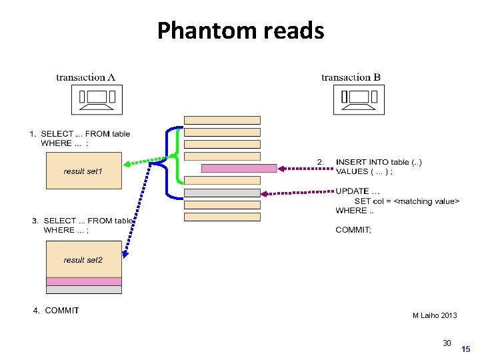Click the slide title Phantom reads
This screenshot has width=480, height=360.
pos(241,31)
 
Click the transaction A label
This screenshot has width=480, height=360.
pos(86,77)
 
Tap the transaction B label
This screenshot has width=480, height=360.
pos(351,77)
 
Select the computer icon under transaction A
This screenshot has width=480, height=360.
pos(97,100)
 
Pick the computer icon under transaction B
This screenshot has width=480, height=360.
pos(359,100)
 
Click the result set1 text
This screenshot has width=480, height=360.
pos(83,171)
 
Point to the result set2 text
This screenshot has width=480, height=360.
pos(83,260)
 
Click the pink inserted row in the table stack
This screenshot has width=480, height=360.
pos(239,169)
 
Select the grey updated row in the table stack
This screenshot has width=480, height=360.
pos(222,193)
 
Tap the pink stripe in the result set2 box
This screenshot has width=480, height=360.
pos(84,281)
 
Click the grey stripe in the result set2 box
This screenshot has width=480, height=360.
pos(84,289)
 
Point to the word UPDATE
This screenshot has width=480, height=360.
pos(352,191)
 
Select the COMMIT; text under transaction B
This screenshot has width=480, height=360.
pos(353,230)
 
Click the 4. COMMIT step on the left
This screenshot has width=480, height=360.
pos(56,311)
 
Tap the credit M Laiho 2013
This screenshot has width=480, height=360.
pos(435,315)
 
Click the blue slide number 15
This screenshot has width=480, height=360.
pos(465,349)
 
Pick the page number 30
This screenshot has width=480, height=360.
pos(447,343)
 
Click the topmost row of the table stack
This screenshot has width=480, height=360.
pos(222,120)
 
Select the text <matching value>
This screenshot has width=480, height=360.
pos(427,201)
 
